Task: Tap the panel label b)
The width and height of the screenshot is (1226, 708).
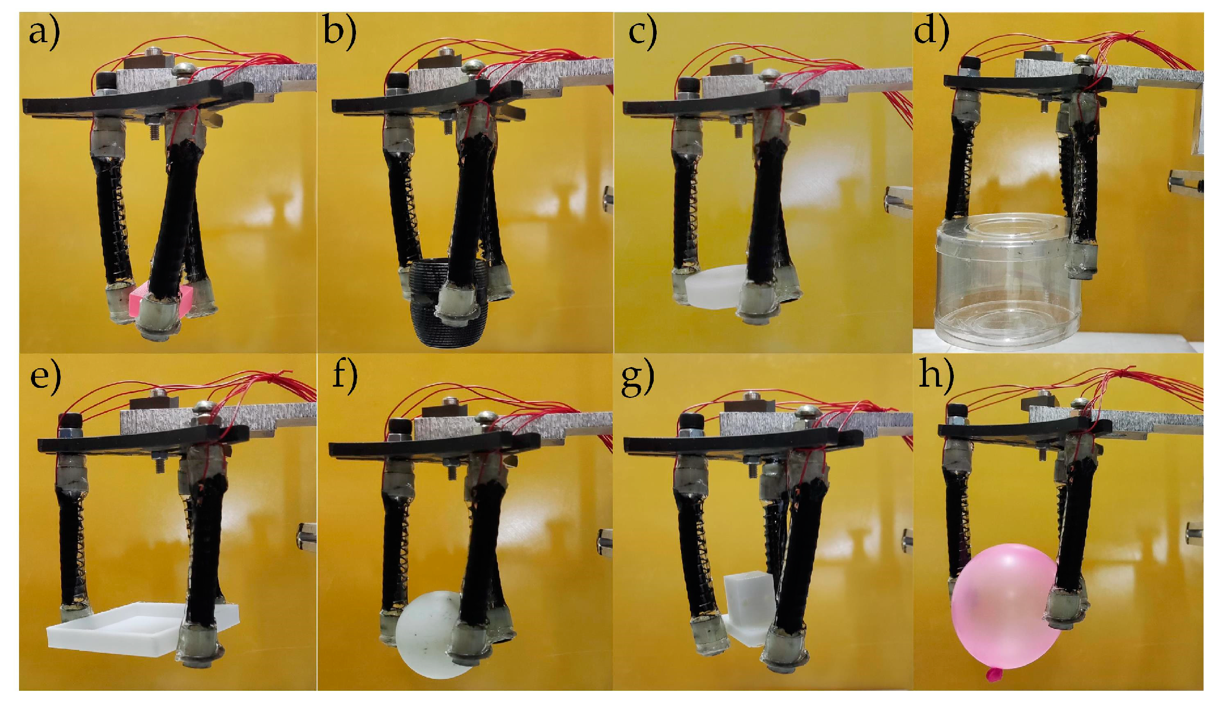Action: click(340, 31)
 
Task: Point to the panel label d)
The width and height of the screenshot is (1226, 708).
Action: click(931, 31)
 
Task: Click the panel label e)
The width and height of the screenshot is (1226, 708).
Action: click(45, 377)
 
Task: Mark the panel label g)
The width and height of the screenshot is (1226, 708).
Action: click(637, 379)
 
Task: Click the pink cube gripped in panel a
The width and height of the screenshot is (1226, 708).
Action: click(160, 300)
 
